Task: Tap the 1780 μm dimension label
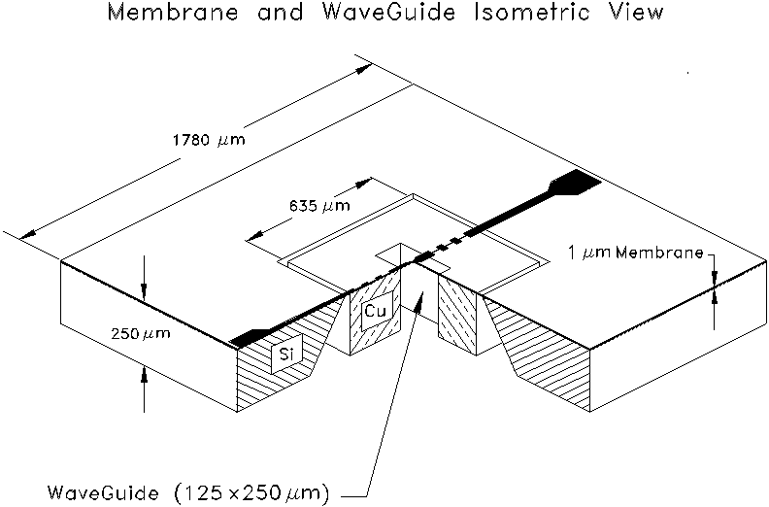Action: point(207,137)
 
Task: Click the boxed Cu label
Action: point(376,311)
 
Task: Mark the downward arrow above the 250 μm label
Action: point(143,293)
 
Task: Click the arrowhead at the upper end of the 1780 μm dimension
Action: point(364,69)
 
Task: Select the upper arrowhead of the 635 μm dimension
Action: point(368,182)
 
